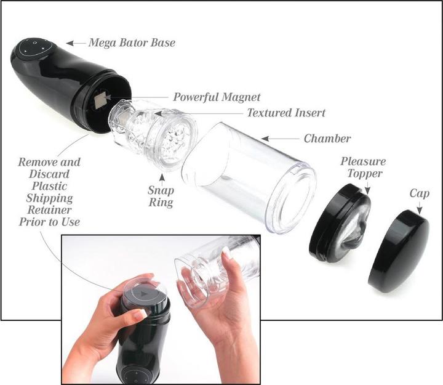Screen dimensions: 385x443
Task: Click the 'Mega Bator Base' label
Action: pyautogui.click(x=132, y=43)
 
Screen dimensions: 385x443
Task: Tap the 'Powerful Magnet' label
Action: pyautogui.click(x=217, y=97)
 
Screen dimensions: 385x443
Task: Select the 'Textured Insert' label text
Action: pyautogui.click(x=286, y=113)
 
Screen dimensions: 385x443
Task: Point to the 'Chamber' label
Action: pyautogui.click(x=327, y=139)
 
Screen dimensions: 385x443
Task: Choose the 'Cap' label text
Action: pyautogui.click(x=420, y=193)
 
